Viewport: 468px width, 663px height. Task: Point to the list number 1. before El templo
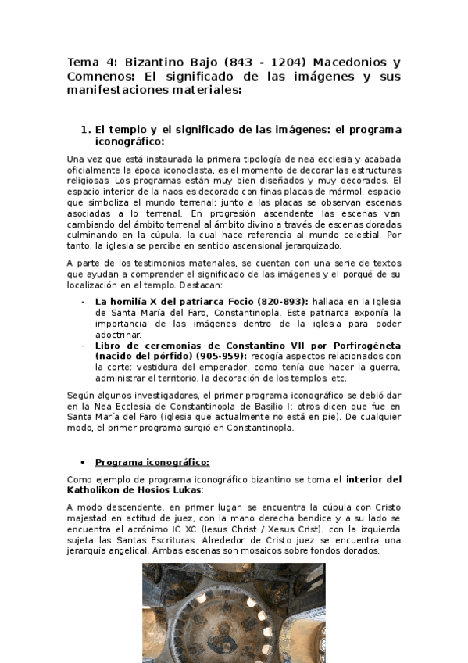tap(86, 128)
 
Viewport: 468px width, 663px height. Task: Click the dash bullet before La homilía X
tap(84, 301)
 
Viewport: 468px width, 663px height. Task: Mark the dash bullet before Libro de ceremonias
tap(84, 345)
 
